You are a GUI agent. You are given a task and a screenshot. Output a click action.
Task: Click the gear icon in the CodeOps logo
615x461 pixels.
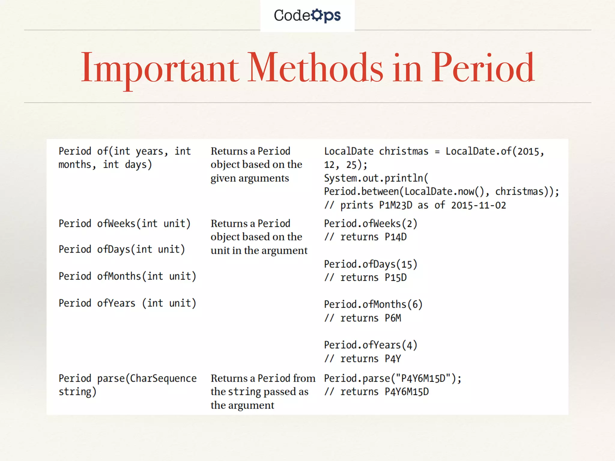[x=317, y=15]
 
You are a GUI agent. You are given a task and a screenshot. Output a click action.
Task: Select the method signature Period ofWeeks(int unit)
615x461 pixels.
[x=125, y=224]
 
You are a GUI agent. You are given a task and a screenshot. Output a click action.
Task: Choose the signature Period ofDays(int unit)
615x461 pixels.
[x=122, y=249]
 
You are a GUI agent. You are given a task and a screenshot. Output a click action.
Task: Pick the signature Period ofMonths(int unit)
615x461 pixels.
[x=127, y=276]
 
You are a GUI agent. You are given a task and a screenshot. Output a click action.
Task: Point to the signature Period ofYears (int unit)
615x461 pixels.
[x=127, y=303]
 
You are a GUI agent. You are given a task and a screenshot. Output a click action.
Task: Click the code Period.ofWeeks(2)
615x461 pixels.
[x=371, y=224]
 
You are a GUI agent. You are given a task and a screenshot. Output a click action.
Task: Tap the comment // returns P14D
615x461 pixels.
[x=365, y=237]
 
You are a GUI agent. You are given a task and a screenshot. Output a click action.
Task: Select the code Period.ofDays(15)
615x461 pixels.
[x=371, y=264]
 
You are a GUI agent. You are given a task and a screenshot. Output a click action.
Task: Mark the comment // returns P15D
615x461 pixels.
[x=365, y=278]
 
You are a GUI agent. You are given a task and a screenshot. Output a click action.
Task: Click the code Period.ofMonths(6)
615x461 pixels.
[x=373, y=305]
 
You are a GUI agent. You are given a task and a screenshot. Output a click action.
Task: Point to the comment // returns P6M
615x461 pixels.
[x=362, y=318]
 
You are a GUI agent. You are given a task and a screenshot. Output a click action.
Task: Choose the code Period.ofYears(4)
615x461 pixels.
[x=371, y=345]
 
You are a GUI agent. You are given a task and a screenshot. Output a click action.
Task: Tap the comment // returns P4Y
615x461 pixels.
[x=362, y=359]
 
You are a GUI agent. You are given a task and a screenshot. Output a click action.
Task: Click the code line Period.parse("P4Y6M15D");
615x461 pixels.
[x=392, y=378]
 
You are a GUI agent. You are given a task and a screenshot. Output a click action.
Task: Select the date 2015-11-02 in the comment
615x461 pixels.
[x=478, y=205]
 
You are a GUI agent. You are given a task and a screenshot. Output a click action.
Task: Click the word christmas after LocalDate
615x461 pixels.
[x=404, y=151]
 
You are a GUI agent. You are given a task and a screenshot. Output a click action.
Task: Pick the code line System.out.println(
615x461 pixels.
[x=376, y=178]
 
